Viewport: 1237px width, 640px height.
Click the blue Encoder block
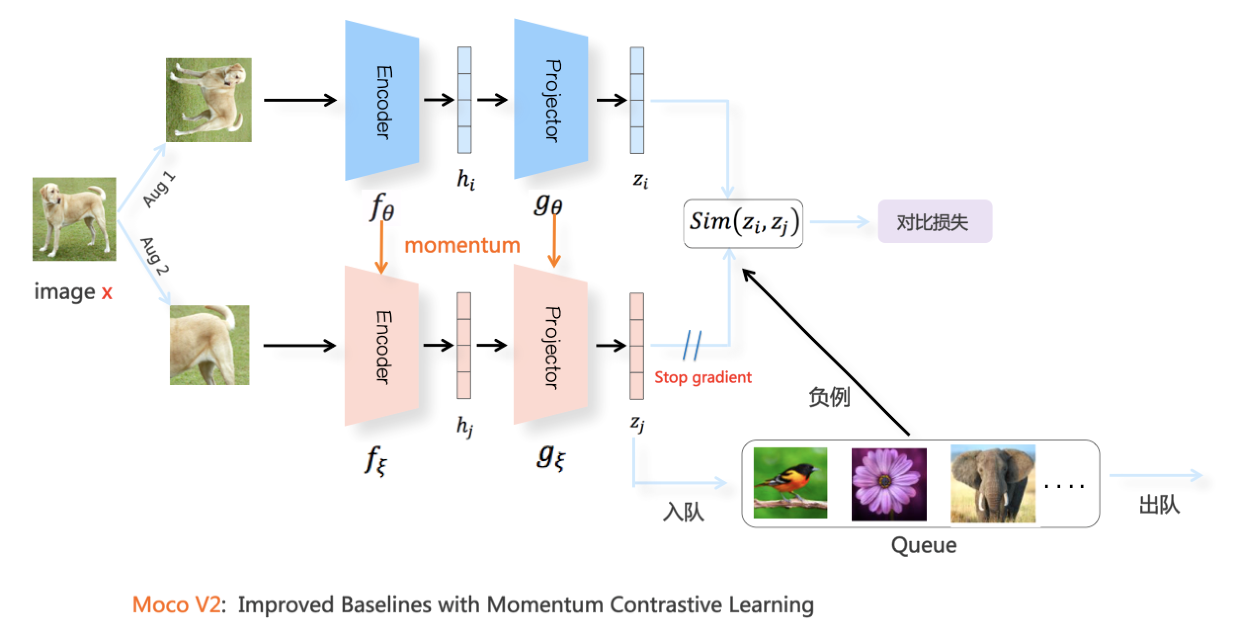[x=382, y=101]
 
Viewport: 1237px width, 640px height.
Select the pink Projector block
[x=550, y=346]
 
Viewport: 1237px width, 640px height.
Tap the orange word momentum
[x=462, y=245]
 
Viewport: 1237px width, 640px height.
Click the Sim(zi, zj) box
[x=743, y=223]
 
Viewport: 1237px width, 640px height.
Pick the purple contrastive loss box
[x=934, y=222]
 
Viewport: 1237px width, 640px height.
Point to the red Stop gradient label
[x=702, y=378]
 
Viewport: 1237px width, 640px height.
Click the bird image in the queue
[x=790, y=483]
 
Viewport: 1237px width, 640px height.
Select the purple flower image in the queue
[x=889, y=484]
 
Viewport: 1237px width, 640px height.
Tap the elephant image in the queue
[x=992, y=484]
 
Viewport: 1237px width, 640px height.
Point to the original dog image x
[x=75, y=219]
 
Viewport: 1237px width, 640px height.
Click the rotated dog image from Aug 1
[x=208, y=100]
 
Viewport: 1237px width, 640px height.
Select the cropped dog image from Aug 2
[x=209, y=345]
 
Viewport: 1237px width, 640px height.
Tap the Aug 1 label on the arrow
[x=159, y=190]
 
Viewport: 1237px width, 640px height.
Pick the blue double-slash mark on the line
[x=691, y=345]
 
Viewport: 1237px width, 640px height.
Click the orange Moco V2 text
[x=176, y=604]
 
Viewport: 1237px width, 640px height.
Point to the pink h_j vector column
[x=463, y=346]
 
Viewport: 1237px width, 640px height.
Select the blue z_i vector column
[x=637, y=101]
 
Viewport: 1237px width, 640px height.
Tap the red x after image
[x=107, y=292]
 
